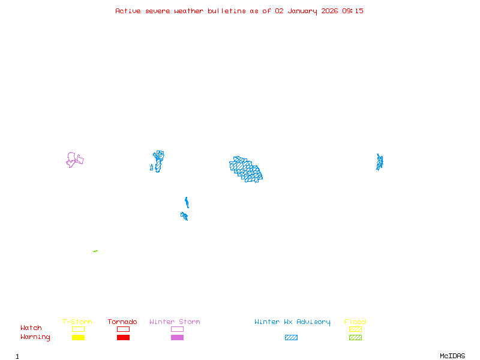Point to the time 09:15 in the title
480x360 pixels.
[x=353, y=11]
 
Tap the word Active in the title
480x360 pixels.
[x=128, y=11]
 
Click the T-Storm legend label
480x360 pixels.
[x=77, y=322]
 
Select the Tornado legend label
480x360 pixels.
[x=122, y=322]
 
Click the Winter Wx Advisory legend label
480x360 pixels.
[x=292, y=322]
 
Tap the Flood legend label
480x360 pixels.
[x=355, y=322]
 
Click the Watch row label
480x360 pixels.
[x=31, y=328]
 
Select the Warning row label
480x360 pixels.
[x=35, y=337]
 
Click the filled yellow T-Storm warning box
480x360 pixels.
[x=78, y=338]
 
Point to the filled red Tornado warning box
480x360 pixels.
[x=123, y=338]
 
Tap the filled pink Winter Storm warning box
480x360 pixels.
[x=177, y=338]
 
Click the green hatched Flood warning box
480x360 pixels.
[x=355, y=338]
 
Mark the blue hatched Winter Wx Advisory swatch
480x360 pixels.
[x=291, y=338]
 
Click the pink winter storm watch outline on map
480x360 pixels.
[x=74, y=159]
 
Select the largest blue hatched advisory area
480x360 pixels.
[x=246, y=169]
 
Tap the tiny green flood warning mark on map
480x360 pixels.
[x=95, y=251]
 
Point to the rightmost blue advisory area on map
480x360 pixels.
[x=379, y=162]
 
